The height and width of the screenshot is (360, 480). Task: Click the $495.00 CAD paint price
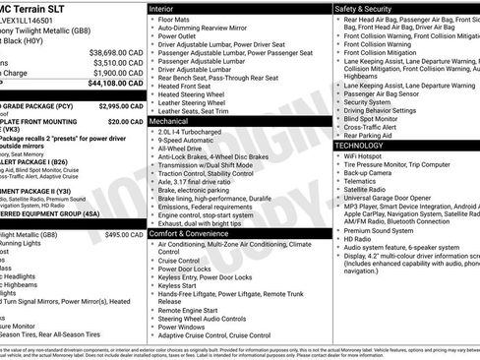pyautogui.click(x=125, y=235)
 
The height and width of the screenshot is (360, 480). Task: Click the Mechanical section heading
pyautogui.click(x=175, y=121)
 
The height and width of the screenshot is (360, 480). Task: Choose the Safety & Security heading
pyautogui.click(x=370, y=8)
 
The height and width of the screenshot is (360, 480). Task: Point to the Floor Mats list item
pyautogui.click(x=175, y=19)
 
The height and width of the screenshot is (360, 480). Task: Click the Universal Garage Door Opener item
pyautogui.click(x=401, y=199)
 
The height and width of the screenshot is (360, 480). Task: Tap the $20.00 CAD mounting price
pyautogui.click(x=126, y=121)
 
